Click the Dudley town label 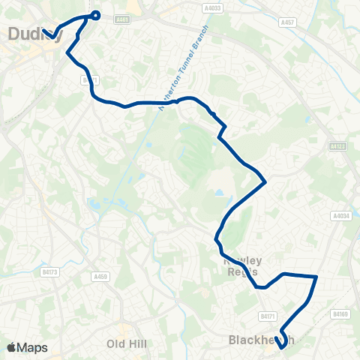click(x=28, y=33)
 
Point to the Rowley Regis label click(x=242, y=265)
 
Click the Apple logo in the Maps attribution click(x=12, y=347)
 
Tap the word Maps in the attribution click(x=32, y=347)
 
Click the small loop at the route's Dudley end click(x=95, y=14)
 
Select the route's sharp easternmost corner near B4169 click(x=316, y=277)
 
